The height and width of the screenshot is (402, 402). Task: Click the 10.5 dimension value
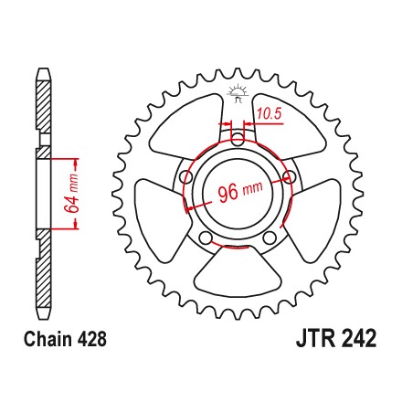tap(269, 114)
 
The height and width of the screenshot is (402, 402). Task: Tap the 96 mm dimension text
tap(240, 192)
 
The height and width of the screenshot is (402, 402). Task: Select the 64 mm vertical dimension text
tap(71, 193)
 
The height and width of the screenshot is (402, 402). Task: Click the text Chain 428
tap(66, 339)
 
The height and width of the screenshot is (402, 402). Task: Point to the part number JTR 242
tap(336, 338)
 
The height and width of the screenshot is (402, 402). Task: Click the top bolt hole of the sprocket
tap(238, 142)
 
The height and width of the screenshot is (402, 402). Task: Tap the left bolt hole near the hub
tap(186, 176)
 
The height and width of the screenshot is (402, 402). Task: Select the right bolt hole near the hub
tap(290, 177)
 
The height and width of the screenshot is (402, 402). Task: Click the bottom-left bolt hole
tap(206, 238)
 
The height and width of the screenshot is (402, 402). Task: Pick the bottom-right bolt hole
tap(270, 238)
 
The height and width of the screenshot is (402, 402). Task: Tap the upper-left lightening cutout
tap(185, 126)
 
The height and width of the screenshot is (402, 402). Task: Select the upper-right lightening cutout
tap(289, 126)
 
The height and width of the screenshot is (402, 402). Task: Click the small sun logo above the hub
tap(238, 93)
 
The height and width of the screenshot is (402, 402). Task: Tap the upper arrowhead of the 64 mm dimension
tap(76, 163)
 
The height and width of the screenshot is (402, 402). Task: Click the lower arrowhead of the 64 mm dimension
tap(76, 225)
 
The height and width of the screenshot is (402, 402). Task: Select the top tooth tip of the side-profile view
tap(43, 69)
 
